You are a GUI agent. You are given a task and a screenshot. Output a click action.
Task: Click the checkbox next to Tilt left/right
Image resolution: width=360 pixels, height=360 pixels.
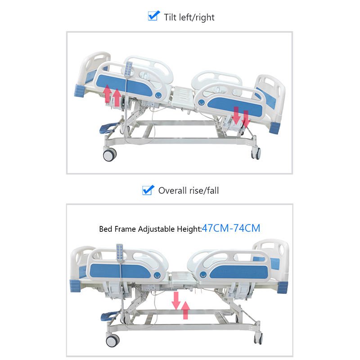[153, 16]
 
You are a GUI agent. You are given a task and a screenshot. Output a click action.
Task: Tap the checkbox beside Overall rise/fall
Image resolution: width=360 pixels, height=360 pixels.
[148, 190]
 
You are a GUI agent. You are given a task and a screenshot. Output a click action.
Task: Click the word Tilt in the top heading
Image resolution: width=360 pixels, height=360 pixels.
[170, 17]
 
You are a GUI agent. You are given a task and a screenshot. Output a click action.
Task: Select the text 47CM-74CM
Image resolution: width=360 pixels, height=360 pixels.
[231, 228]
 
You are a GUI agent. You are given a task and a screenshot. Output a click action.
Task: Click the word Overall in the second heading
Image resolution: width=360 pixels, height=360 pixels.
[172, 190]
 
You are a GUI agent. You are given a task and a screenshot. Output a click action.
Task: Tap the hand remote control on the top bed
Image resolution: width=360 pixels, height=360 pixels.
[128, 69]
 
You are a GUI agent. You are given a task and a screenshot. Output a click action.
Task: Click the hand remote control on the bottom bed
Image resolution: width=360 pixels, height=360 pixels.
[119, 252]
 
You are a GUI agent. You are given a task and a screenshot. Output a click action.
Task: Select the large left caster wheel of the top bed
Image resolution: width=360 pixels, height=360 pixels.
[109, 155]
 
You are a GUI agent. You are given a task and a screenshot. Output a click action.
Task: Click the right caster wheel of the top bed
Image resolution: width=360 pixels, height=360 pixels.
[256, 153]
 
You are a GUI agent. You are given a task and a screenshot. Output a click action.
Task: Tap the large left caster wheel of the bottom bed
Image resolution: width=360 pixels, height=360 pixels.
[112, 341]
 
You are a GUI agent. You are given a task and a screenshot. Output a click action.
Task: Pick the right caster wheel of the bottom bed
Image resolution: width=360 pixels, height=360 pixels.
[258, 338]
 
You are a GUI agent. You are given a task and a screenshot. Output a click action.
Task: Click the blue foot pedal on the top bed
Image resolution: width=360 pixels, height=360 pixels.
[107, 129]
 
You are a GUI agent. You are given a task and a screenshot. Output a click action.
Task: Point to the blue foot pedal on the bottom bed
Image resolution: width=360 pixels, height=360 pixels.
[108, 316]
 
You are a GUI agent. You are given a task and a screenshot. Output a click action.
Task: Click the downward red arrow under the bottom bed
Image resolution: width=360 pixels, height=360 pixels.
[176, 301]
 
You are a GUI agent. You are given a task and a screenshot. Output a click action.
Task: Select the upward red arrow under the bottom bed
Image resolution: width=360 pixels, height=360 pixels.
[185, 310]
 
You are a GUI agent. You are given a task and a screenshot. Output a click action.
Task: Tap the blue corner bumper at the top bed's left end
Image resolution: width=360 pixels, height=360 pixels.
[80, 91]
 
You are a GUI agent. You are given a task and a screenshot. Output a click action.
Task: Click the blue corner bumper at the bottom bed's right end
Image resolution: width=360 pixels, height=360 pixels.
[282, 287]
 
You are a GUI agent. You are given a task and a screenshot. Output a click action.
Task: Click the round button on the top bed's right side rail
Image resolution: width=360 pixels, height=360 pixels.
[201, 102]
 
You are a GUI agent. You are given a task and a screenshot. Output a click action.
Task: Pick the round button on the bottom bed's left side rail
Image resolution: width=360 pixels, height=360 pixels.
[157, 274]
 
